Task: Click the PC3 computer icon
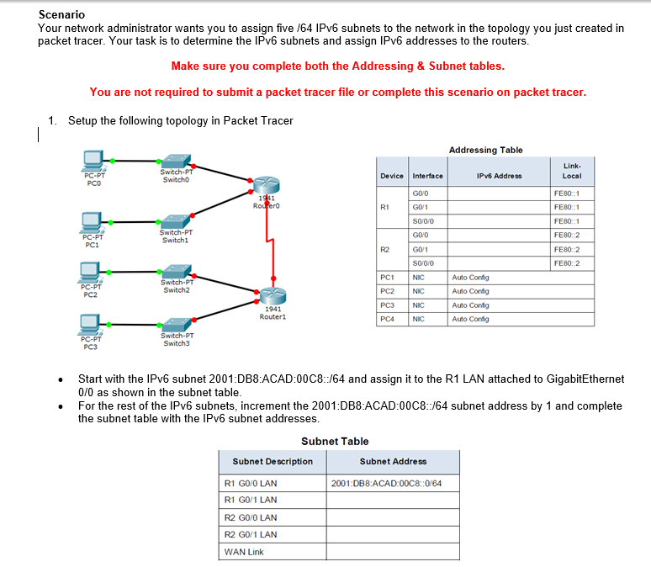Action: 93,325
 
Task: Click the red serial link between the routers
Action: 271,244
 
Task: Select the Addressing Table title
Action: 485,150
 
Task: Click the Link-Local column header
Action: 572,171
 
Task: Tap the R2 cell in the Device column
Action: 385,249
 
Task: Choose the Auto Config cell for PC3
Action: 470,305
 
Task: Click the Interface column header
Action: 428,176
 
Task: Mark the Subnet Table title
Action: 335,441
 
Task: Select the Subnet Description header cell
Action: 273,461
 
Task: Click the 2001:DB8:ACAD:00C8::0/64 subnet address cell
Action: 387,484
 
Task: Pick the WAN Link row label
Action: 245,552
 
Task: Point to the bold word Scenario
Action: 61,15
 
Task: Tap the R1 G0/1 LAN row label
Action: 251,500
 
